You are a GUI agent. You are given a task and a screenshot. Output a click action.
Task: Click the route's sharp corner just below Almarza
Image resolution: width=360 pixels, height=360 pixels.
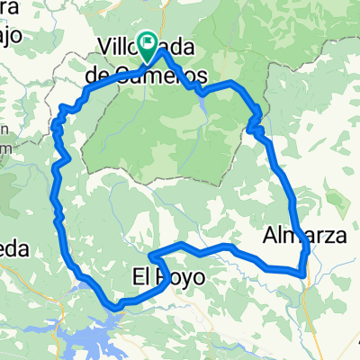pyautogui.click(x=301, y=270)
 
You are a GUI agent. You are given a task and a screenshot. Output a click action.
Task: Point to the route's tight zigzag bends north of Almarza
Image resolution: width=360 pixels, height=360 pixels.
pyautogui.click(x=256, y=121)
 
